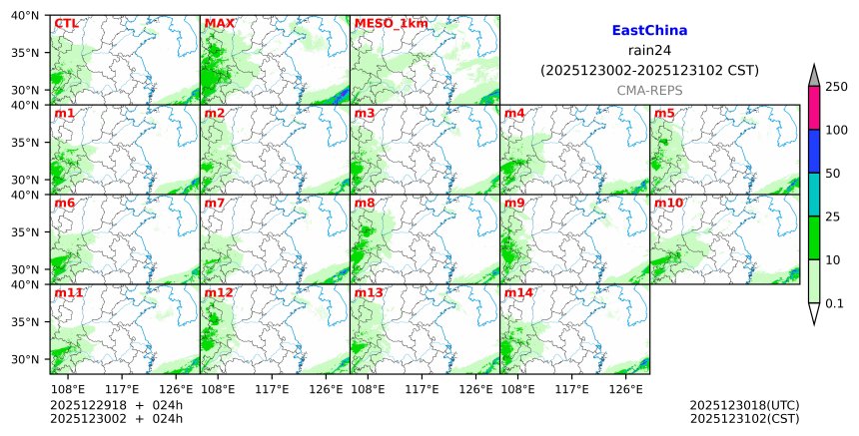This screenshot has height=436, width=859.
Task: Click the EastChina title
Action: [649, 31]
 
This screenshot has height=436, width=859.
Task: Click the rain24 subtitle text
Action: [649, 51]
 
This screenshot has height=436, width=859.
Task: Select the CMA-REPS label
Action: [649, 90]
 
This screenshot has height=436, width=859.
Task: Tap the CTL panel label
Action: [66, 23]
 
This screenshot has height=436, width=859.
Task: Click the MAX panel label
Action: [219, 23]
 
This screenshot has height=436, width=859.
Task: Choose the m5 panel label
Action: [664, 113]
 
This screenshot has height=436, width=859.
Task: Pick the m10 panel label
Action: [668, 204]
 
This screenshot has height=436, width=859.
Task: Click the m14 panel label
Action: [518, 293]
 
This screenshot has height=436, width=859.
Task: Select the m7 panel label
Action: [215, 204]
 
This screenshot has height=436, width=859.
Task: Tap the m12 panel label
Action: [219, 293]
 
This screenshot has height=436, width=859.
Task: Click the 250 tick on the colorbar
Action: [836, 87]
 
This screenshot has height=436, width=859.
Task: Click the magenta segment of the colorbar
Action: [813, 108]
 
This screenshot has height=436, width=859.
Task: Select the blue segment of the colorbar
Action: [813, 151]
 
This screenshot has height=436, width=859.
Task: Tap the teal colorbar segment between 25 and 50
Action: [813, 195]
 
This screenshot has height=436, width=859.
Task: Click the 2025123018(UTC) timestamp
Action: [744, 405]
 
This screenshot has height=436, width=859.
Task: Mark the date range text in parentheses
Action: [649, 71]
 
